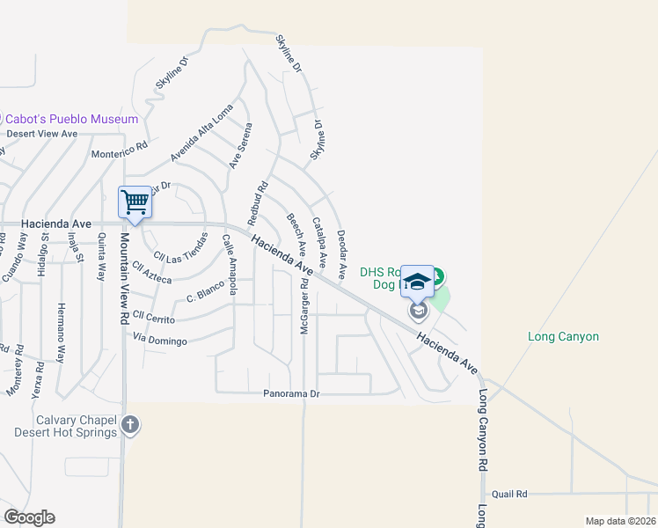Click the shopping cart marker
pos(135,202)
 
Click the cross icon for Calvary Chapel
pos(130,426)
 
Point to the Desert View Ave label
pos(42,134)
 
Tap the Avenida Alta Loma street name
pos(202,134)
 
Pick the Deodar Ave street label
pos(345,246)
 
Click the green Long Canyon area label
pos(563,336)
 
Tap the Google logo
pos(28,517)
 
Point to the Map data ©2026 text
pos(620,521)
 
